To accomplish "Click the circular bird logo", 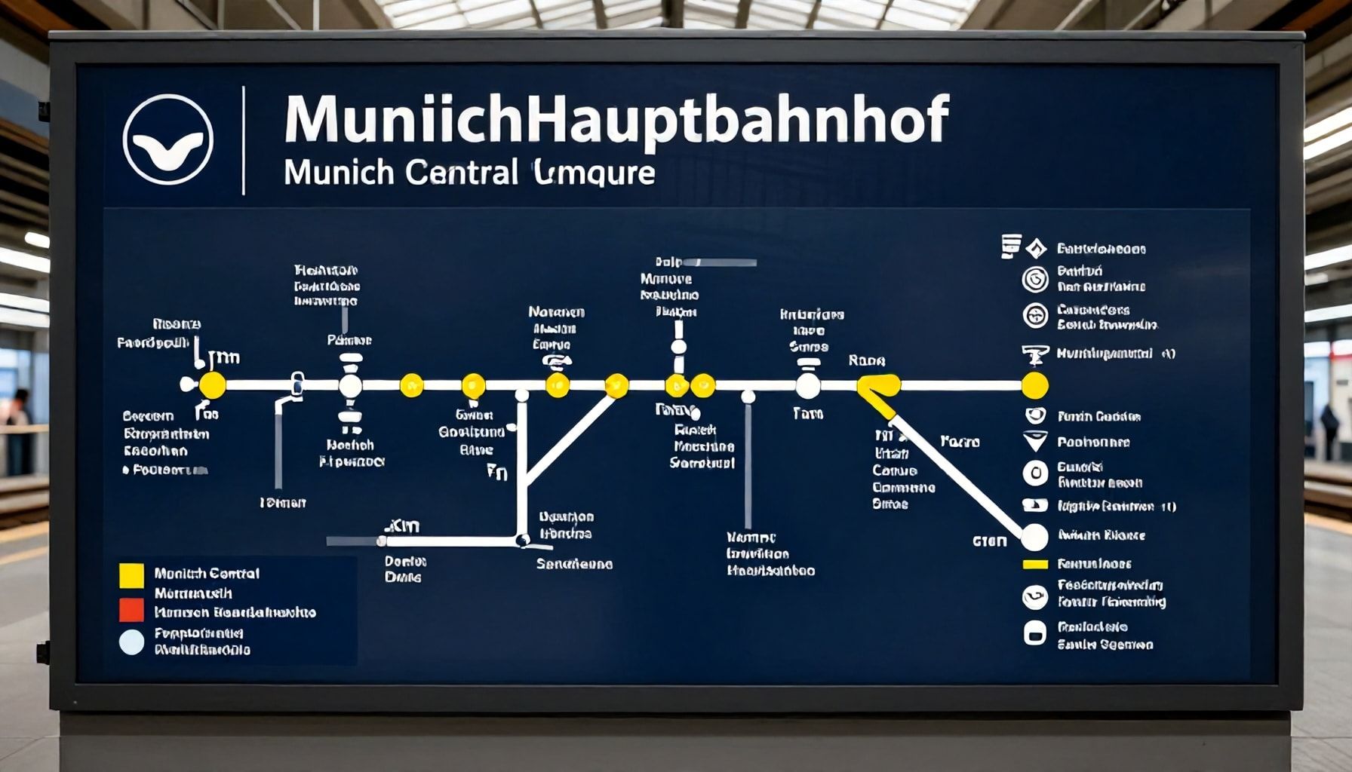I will [x=167, y=139].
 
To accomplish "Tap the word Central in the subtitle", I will [x=461, y=173].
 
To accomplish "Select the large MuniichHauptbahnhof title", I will [x=615, y=119].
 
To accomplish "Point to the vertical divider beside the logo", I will [x=244, y=140].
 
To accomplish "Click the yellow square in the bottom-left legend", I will [x=131, y=575].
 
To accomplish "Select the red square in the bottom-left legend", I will [x=131, y=609].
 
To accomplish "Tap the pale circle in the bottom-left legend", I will [x=131, y=642].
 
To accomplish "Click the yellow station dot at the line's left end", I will [x=212, y=385].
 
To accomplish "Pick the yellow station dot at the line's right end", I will [x=1034, y=385].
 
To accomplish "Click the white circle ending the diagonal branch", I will [x=1034, y=538].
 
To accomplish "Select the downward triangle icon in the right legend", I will [x=1035, y=441].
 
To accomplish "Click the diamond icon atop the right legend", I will [x=1037, y=247].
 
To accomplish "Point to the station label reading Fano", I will [x=960, y=442].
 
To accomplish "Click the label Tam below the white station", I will [x=807, y=413].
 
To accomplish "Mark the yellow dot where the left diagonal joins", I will [x=616, y=385].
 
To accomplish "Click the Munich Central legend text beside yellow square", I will [x=207, y=574].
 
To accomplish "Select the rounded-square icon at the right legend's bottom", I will [x=1034, y=633].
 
